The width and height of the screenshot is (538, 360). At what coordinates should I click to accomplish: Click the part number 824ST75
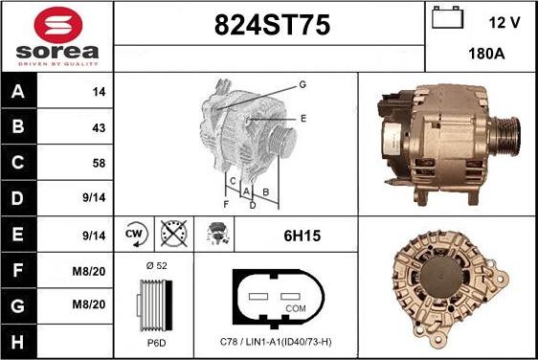point(272,25)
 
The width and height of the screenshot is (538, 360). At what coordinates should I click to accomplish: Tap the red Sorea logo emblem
point(58,25)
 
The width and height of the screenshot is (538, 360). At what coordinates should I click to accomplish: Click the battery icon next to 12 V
point(447,17)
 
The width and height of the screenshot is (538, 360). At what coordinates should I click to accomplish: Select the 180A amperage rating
point(486,54)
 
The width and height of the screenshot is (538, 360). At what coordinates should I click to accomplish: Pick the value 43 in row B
point(99,128)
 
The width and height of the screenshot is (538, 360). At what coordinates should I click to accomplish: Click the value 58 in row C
point(99,163)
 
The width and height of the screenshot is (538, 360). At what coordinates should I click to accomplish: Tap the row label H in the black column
point(17,342)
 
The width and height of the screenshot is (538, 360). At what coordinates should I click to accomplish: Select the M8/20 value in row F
point(88,272)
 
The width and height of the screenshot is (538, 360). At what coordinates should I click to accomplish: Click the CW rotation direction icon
point(136,234)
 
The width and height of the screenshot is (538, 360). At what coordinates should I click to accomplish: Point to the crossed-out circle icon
point(174,234)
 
